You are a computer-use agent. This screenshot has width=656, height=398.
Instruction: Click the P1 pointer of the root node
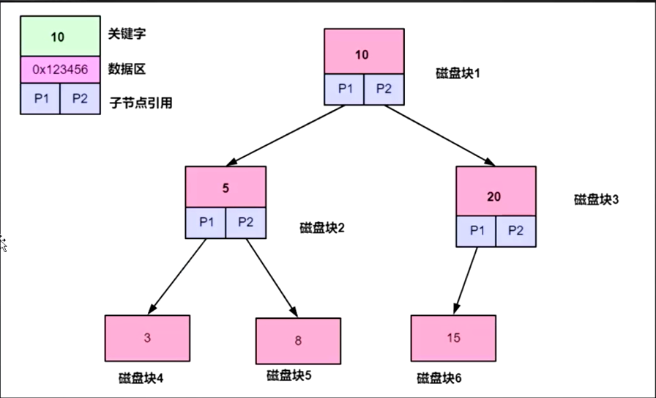click(x=344, y=89)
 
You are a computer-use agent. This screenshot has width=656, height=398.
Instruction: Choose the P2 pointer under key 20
click(x=515, y=230)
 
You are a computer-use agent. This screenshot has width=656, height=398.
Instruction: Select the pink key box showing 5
click(x=225, y=187)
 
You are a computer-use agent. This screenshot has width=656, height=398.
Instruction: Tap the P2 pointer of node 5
click(x=245, y=222)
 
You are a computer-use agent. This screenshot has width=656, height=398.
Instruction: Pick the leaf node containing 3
click(x=147, y=338)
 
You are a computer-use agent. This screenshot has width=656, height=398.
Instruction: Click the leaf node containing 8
click(x=298, y=341)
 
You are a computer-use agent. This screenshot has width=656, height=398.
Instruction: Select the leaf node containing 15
click(x=453, y=338)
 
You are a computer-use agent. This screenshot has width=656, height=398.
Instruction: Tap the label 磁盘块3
click(x=597, y=199)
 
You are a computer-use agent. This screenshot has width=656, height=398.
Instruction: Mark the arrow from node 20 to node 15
click(x=466, y=279)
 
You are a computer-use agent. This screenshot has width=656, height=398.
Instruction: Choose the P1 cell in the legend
click(x=40, y=99)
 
